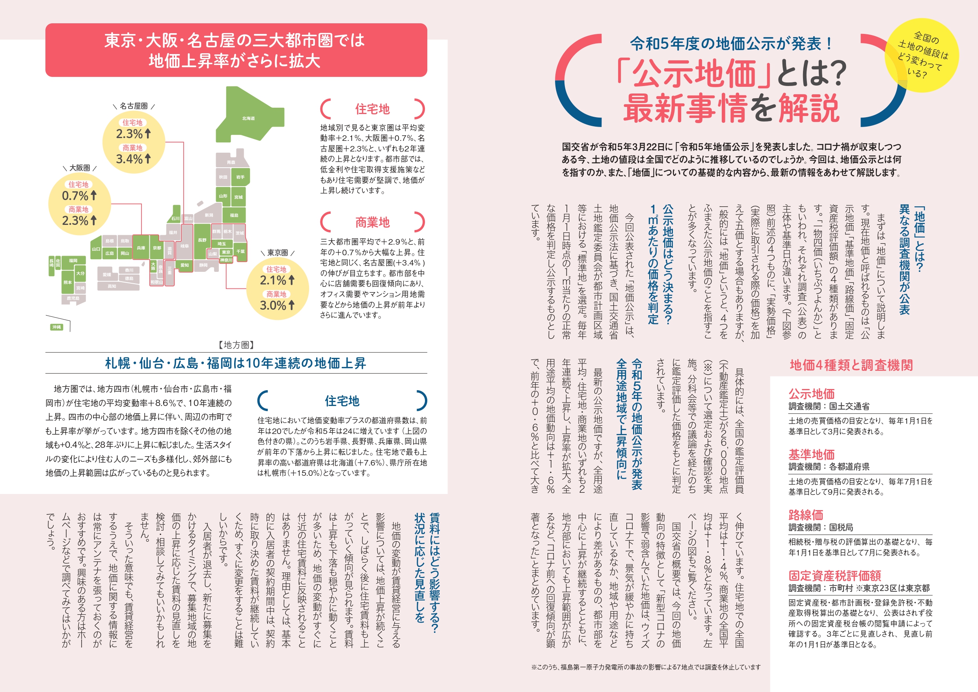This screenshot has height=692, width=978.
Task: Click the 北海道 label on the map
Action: pyautogui.click(x=248, y=118)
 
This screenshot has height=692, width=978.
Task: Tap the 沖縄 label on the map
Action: pyautogui.click(x=56, y=327)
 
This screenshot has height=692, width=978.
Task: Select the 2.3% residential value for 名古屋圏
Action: pyautogui.click(x=129, y=134)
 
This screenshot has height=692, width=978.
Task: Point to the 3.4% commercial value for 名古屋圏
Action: pyautogui.click(x=129, y=159)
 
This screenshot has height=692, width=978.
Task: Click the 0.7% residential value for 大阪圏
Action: pyautogui.click(x=75, y=196)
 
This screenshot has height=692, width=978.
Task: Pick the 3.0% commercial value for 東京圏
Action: pyautogui.click(x=273, y=305)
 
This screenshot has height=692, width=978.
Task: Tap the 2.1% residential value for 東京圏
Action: pyautogui.click(x=273, y=281)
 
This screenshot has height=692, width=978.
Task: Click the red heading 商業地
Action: pyautogui.click(x=372, y=222)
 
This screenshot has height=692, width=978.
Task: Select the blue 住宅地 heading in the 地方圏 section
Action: pyautogui.click(x=342, y=401)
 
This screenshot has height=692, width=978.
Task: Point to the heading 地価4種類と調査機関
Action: pyautogui.click(x=851, y=365)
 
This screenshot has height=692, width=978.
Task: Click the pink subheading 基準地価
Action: pyautogui.click(x=811, y=454)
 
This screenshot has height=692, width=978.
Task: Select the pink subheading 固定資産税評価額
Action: pyautogui.click(x=835, y=576)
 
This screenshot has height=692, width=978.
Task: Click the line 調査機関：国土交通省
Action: pyautogui.click(x=829, y=406)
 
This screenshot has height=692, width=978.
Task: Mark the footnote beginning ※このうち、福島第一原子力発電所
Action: pyautogui.click(x=645, y=667)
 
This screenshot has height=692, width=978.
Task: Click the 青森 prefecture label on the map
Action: pyautogui.click(x=231, y=163)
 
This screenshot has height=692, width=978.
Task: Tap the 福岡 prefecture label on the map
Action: pyautogui.click(x=73, y=260)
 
